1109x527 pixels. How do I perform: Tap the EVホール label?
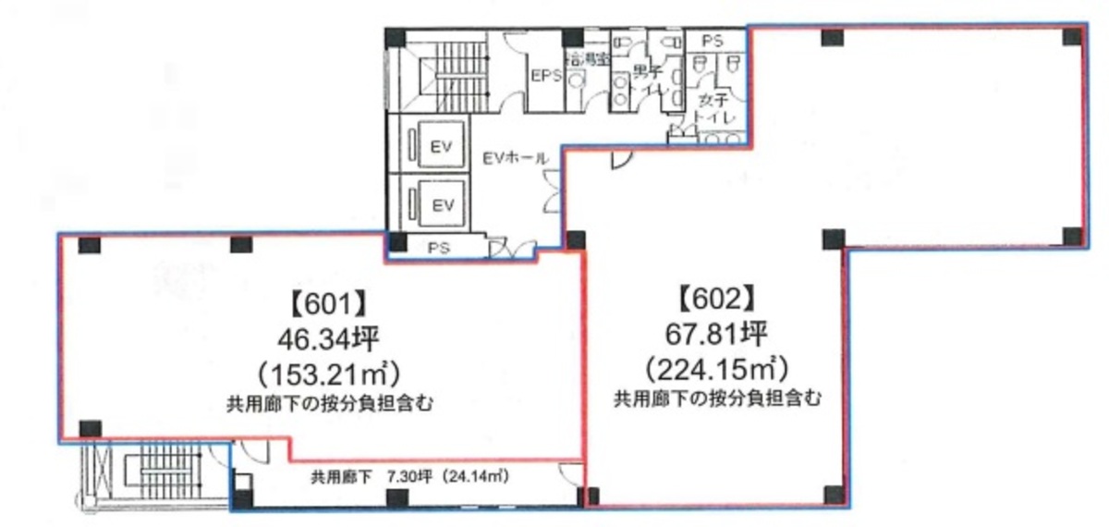[516, 158]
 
